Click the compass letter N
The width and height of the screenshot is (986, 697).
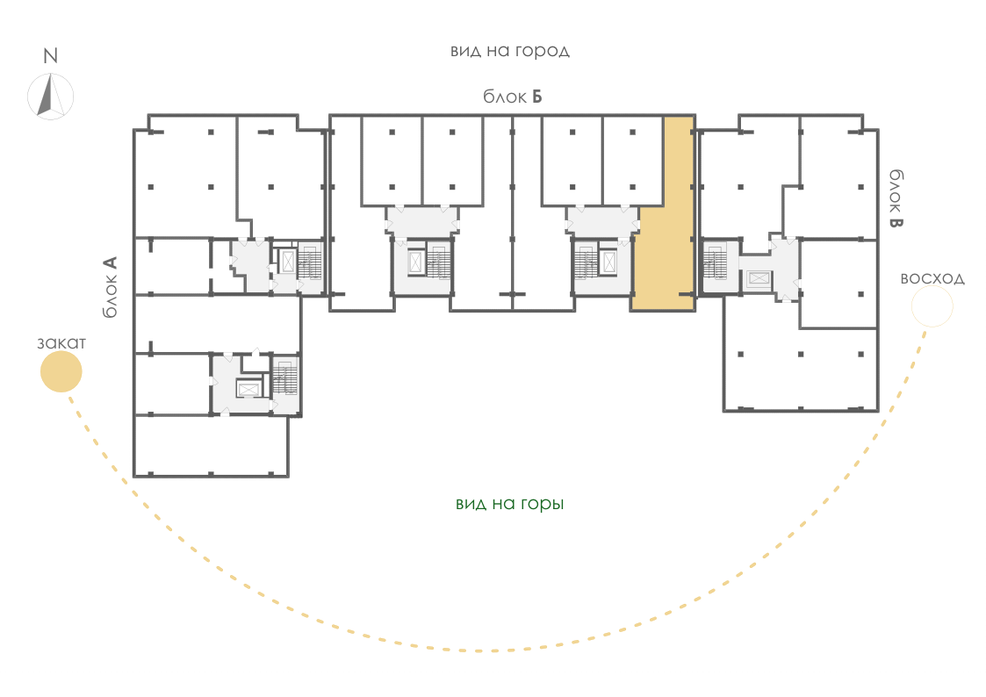click(x=50, y=56)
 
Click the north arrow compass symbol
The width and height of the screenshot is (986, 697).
click(x=50, y=97)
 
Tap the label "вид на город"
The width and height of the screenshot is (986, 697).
click(x=510, y=51)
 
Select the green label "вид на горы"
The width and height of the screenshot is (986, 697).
click(x=510, y=503)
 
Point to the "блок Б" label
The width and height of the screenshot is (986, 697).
click(x=513, y=97)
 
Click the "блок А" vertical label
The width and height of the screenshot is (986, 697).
click(x=110, y=286)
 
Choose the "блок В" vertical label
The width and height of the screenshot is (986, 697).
click(x=896, y=198)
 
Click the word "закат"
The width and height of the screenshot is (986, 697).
click(x=61, y=343)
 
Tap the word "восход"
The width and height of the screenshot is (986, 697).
click(x=932, y=278)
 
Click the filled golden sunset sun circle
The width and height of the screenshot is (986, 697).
click(x=61, y=371)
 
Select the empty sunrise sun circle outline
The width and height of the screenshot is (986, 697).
click(x=932, y=306)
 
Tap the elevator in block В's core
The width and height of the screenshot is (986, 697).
click(x=759, y=278)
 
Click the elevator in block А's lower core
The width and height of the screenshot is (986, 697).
click(x=248, y=389)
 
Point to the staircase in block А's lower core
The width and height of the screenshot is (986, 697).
click(x=285, y=377)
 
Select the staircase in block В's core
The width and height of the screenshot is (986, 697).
click(x=715, y=262)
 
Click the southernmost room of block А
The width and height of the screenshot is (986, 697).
click(x=212, y=445)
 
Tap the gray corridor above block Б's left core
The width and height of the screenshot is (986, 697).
click(x=422, y=221)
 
